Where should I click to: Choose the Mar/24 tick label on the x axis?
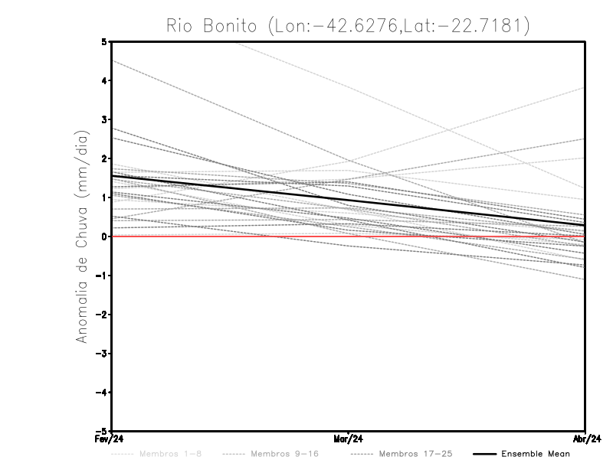[348, 439]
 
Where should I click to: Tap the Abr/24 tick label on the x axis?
[585, 439]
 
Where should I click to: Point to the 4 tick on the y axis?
[103, 80]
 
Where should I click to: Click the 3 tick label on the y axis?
[103, 119]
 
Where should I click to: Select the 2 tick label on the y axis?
[103, 158]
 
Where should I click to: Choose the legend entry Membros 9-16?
[283, 454]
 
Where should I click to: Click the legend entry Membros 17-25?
[415, 454]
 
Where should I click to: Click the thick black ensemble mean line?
[348, 201]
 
